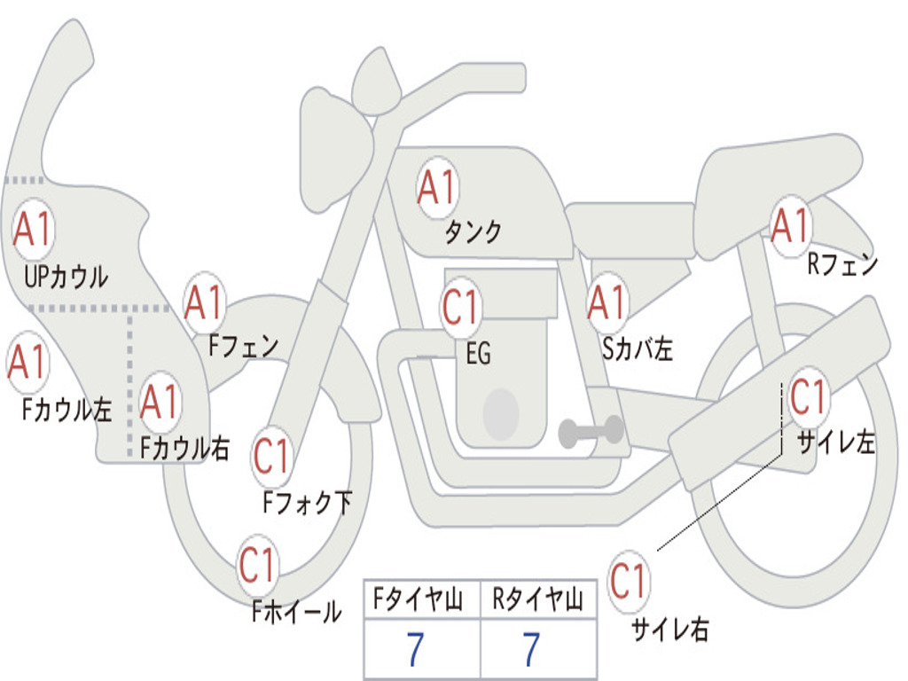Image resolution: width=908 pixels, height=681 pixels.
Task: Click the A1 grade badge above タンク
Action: click(x=437, y=188)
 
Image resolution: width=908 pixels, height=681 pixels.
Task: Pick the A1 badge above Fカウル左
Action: click(x=27, y=362)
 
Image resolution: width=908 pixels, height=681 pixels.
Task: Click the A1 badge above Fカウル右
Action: click(x=160, y=402)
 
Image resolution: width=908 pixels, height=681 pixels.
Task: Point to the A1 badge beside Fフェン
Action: click(x=204, y=302)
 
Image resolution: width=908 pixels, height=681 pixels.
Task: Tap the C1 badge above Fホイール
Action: click(x=257, y=565)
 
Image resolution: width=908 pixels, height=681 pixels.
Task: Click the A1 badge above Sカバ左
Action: click(x=607, y=302)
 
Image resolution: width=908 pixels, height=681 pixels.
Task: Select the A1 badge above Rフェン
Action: click(x=790, y=226)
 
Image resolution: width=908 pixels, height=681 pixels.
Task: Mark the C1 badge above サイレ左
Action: click(x=809, y=398)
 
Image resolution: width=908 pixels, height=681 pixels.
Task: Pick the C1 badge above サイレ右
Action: click(x=629, y=581)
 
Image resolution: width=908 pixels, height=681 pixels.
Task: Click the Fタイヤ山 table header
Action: click(x=418, y=599)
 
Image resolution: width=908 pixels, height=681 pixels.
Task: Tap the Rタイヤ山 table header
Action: click(x=537, y=599)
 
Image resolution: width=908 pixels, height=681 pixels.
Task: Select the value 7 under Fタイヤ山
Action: click(x=415, y=649)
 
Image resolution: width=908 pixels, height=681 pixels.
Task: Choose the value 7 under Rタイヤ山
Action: click(x=532, y=649)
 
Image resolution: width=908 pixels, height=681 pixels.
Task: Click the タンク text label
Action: click(x=473, y=231)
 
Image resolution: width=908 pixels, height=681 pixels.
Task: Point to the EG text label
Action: click(x=478, y=353)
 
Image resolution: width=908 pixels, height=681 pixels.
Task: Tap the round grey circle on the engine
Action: click(x=501, y=413)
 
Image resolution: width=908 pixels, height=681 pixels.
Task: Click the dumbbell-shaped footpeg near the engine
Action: click(x=591, y=431)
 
